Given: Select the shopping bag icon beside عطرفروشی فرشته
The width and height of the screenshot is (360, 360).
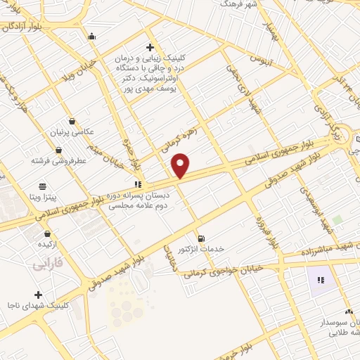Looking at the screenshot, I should pyautogui.click(x=58, y=150).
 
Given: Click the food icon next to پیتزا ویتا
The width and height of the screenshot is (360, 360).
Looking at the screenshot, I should pyautogui.click(x=43, y=186).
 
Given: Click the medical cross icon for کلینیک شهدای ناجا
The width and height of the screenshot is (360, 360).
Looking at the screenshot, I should pyautogui.click(x=39, y=295).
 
